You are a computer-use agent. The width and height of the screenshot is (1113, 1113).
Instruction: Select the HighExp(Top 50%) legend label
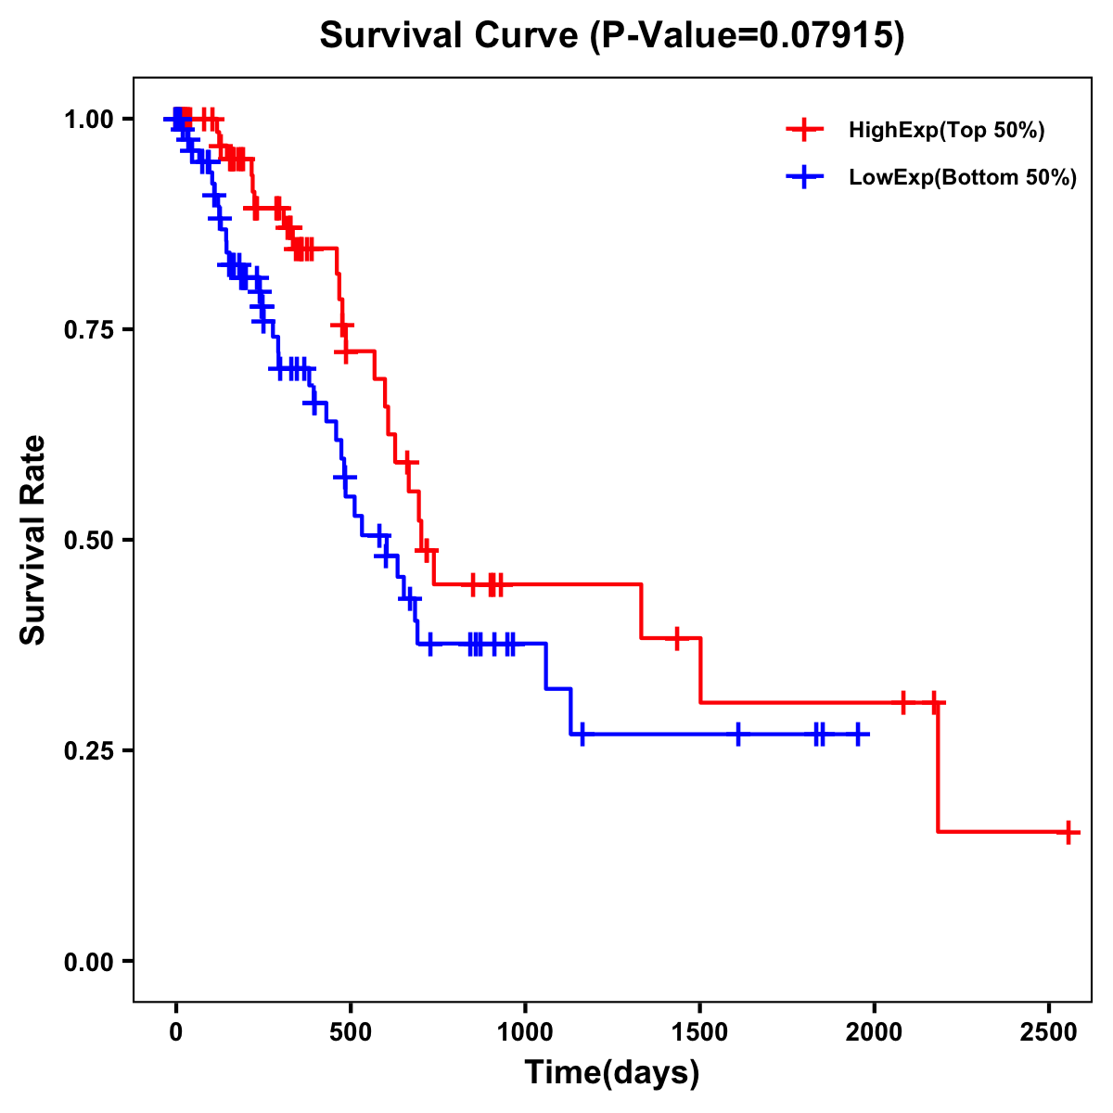point(947,131)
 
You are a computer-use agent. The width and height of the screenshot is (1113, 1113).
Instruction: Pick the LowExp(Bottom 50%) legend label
point(963,178)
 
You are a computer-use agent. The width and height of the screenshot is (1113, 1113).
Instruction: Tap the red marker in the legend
point(804,130)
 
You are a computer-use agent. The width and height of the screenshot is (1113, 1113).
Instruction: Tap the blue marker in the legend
point(804,177)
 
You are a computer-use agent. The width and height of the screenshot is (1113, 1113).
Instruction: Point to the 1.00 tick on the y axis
point(89,119)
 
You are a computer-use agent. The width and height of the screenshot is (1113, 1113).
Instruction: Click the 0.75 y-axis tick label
point(89,329)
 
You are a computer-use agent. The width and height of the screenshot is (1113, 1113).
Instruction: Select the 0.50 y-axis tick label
point(89,540)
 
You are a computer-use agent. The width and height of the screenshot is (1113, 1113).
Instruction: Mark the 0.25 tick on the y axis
point(89,750)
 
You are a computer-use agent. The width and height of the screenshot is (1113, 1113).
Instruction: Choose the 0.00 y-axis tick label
point(89,961)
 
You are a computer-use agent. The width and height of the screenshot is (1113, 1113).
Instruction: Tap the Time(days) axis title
point(612,1073)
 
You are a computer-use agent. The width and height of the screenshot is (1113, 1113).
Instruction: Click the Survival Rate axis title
point(33,540)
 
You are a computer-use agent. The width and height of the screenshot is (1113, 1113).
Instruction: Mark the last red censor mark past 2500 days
point(1068,832)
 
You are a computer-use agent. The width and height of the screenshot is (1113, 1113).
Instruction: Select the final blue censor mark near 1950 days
point(858,734)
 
